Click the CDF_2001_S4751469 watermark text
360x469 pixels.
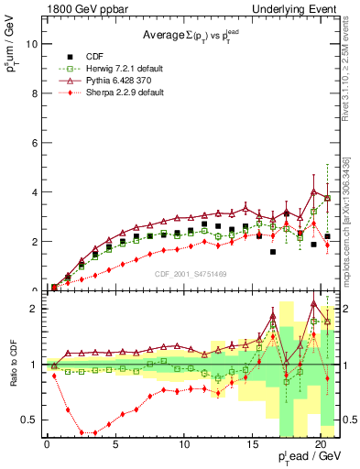(191, 272)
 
